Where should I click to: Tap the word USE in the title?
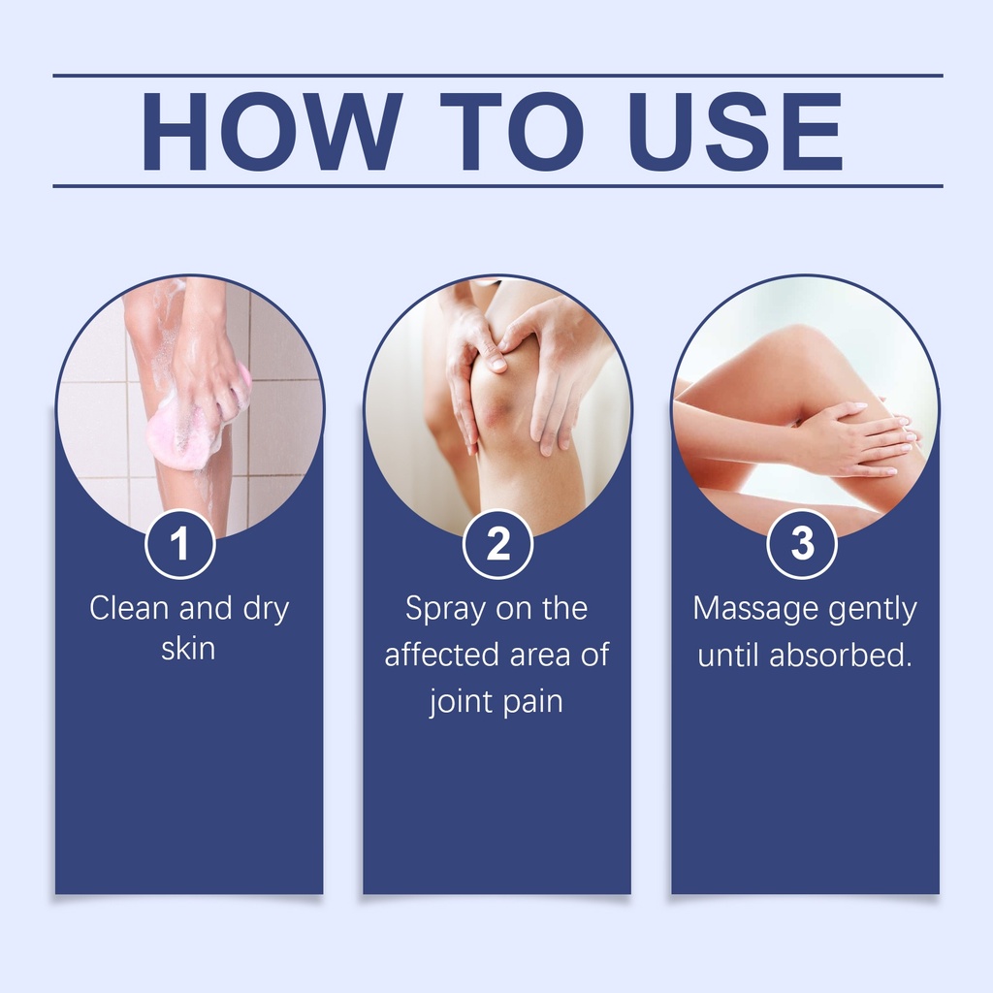coord(735,131)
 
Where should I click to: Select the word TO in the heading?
coord(512,131)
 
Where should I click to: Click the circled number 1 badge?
coord(179,544)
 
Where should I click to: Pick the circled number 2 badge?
coord(497,544)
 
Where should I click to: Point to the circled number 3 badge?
coord(802,544)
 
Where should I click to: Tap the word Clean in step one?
coord(129,608)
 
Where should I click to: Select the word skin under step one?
coord(188,649)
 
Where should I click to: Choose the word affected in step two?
coord(442,655)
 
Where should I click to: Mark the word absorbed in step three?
coord(841,655)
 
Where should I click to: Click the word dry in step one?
coord(266,610)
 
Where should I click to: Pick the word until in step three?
coord(728,655)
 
